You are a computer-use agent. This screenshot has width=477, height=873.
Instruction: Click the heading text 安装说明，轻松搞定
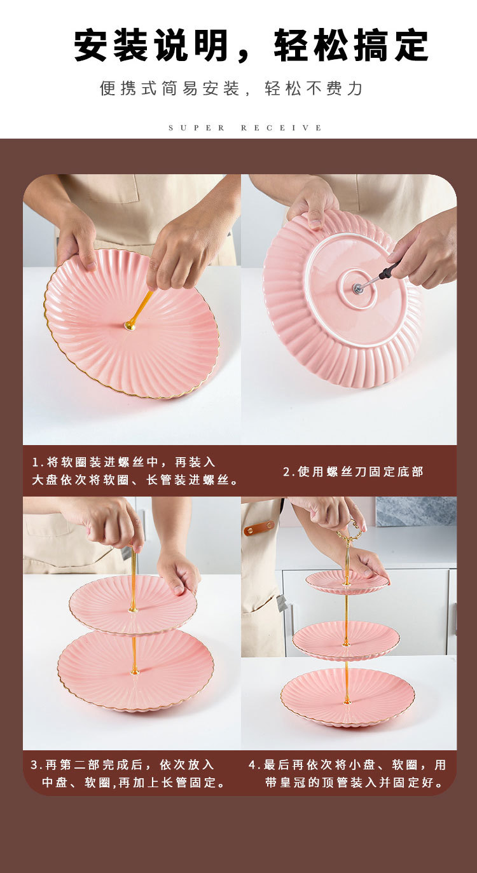(251, 46)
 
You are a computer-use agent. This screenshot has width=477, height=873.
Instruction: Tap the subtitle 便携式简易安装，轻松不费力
(231, 88)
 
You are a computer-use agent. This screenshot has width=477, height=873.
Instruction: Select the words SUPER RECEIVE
(245, 128)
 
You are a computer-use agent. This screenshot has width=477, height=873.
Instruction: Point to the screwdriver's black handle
(389, 272)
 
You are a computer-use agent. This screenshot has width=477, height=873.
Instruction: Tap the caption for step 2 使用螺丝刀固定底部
(353, 472)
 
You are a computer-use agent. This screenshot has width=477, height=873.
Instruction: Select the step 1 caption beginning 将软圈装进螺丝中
(134, 471)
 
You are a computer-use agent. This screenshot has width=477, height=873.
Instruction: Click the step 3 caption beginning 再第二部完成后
(127, 774)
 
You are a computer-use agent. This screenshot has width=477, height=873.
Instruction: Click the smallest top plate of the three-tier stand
(347, 581)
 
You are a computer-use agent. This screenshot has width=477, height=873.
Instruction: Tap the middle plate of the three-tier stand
(346, 639)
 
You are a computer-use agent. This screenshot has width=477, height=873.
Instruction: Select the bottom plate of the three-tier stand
(347, 697)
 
